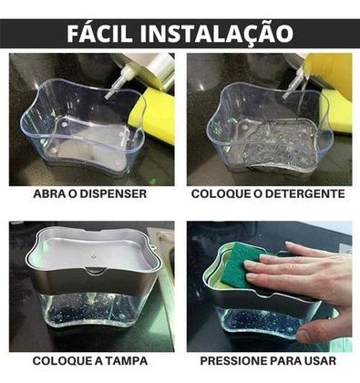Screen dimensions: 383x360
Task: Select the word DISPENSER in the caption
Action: (119, 194)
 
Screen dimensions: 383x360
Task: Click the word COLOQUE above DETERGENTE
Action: (222, 194)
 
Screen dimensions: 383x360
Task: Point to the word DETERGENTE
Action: (303, 194)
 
